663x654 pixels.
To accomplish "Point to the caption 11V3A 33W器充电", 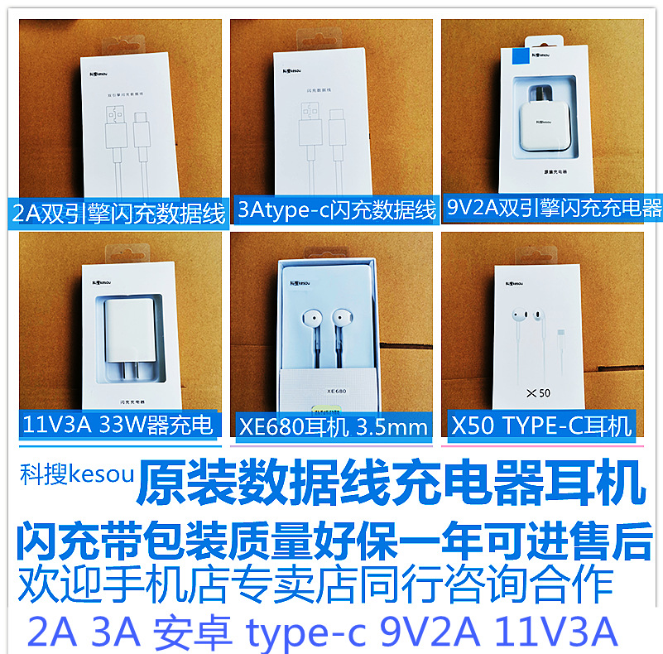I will [x=115, y=426].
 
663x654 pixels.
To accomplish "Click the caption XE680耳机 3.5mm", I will [x=334, y=427].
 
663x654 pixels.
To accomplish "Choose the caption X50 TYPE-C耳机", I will [x=541, y=426].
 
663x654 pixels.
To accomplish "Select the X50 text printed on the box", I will [x=539, y=389].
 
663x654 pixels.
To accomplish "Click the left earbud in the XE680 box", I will [x=311, y=319].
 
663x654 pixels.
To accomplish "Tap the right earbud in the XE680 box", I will [x=341, y=319].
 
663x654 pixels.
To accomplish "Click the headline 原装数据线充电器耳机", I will [x=389, y=485].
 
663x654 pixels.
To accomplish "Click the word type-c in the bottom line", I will [x=307, y=632].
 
